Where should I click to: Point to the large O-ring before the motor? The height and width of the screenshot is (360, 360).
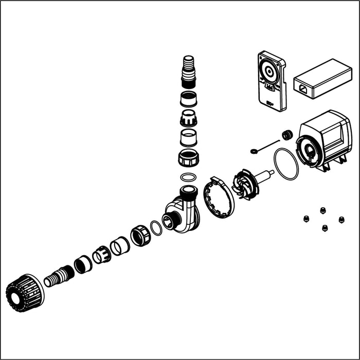285,164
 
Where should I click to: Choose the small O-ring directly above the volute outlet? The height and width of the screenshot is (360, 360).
189,177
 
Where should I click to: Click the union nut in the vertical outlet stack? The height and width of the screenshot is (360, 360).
188,157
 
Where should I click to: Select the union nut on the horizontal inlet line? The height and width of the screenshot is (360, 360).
140,236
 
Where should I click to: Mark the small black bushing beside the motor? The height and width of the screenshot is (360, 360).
287,135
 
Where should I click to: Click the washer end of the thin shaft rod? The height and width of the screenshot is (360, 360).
255,151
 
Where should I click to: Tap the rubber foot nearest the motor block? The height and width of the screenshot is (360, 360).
323,210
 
